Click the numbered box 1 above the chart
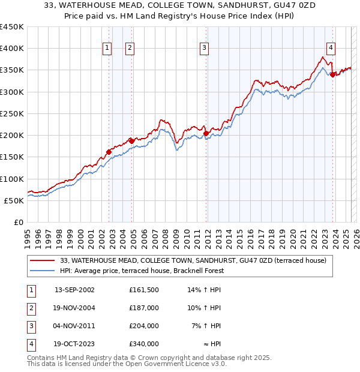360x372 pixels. [107, 49]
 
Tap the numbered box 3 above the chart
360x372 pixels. [205, 49]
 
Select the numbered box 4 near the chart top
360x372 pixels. [331, 49]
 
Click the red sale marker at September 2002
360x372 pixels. [109, 152]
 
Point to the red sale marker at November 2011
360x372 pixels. [206, 133]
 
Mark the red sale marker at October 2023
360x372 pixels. [332, 74]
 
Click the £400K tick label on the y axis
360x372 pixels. [11, 49]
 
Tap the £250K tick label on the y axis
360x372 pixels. [11, 113]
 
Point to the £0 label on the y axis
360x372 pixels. [19, 222]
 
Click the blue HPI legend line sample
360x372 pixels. [43, 271]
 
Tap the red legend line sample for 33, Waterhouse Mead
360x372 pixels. [43, 260]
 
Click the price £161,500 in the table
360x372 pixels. [143, 290]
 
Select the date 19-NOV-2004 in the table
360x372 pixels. [74, 308]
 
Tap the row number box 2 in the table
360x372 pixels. [30, 308]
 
